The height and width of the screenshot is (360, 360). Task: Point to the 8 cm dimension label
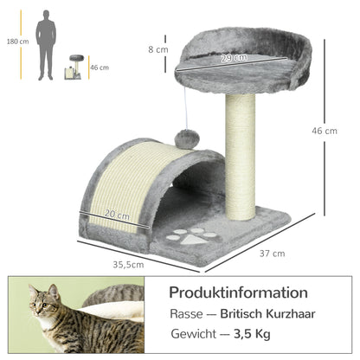click(x=157, y=49)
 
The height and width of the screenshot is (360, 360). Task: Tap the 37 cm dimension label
click(x=273, y=254)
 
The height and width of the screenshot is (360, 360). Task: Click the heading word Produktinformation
click(x=238, y=292)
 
